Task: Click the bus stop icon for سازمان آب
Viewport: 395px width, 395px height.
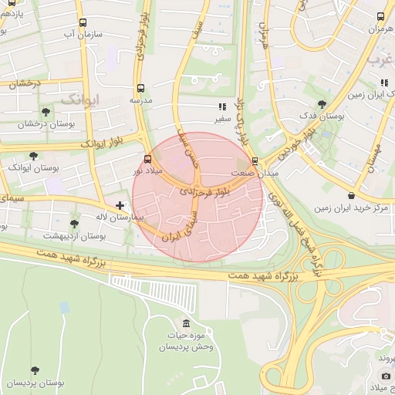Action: click(83, 23)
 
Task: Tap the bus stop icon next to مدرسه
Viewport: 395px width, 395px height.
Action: click(140, 89)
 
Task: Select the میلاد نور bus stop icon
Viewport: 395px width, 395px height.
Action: click(147, 160)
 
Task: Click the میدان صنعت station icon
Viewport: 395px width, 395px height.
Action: click(255, 161)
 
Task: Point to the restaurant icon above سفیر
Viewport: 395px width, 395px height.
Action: click(221, 107)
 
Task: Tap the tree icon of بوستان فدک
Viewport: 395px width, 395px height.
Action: click(322, 104)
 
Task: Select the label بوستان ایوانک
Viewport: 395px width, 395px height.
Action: click(29, 167)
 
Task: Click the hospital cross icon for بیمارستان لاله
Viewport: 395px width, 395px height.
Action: click(120, 205)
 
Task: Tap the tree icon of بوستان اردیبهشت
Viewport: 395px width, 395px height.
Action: click(74, 224)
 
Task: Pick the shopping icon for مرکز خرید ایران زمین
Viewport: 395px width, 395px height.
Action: click(352, 196)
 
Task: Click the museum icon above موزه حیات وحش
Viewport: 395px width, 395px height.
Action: click(186, 322)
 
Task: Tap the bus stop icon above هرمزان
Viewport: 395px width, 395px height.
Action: click(380, 16)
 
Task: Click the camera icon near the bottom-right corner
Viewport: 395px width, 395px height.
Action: click(386, 376)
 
